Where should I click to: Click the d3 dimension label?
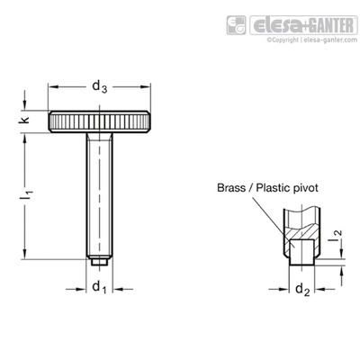point(100,87)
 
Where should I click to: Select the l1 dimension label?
point(29,195)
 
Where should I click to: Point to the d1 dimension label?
point(100,287)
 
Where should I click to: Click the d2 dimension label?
point(302,290)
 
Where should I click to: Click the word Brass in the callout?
point(229,188)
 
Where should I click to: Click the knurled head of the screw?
point(99,121)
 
